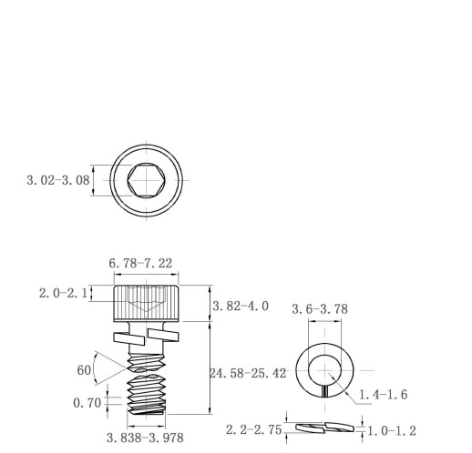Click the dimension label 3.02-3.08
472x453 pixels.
58,180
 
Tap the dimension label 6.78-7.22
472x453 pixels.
140,263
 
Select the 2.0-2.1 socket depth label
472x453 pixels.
63,293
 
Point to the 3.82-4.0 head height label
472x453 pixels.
241,306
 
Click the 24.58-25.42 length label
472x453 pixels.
248,373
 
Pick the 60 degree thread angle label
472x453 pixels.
84,370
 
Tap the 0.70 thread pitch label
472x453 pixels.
87,403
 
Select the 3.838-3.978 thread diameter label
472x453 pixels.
145,438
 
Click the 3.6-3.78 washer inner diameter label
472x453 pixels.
320,309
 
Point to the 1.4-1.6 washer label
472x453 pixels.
384,395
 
